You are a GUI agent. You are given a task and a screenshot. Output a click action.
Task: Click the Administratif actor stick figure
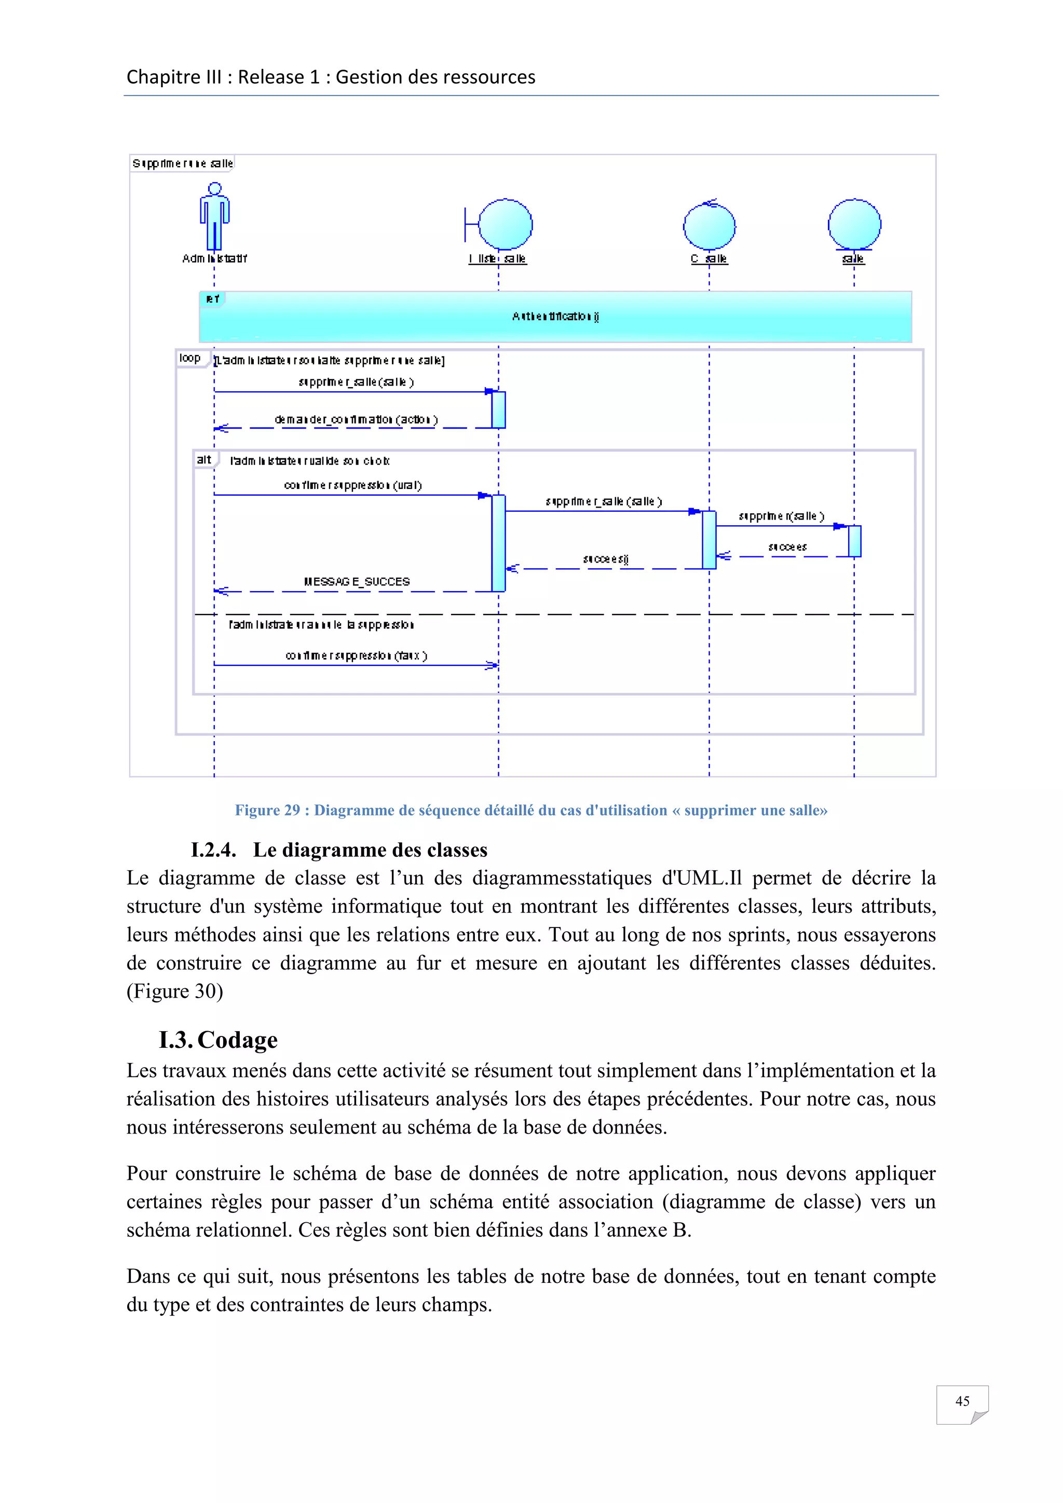215,216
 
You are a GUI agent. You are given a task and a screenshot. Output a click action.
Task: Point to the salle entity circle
854,225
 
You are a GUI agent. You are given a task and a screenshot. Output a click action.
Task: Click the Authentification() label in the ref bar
555,316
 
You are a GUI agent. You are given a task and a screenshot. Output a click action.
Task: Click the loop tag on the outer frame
190,358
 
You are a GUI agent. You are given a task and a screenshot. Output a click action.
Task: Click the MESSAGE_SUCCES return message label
357,581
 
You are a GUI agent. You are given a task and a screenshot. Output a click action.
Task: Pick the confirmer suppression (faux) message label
356,655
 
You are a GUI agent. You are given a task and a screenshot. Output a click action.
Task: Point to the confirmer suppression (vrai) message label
353,485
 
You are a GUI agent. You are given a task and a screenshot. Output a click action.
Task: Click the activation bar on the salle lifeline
854,541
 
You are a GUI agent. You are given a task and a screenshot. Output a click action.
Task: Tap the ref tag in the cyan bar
212,299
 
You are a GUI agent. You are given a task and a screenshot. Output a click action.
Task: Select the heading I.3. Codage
218,1040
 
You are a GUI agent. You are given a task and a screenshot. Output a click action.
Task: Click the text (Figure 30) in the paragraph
175,991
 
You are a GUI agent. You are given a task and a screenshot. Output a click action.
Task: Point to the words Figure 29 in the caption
267,811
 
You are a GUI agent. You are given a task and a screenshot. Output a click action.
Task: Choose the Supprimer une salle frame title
183,163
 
